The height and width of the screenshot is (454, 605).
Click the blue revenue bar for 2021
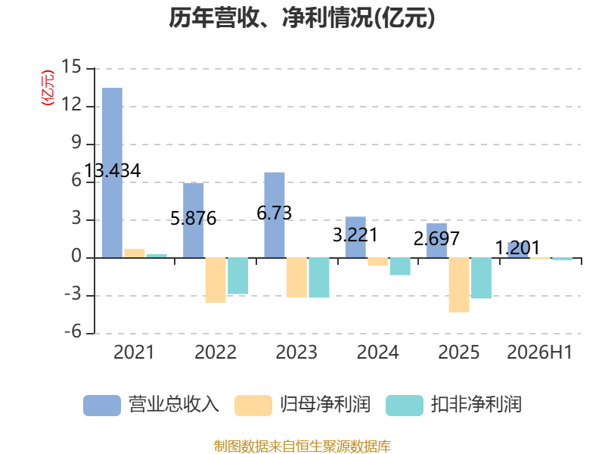click(112, 173)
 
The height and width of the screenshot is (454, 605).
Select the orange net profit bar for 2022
click(216, 280)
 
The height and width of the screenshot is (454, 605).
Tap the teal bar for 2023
click(319, 277)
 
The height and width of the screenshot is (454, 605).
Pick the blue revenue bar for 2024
click(355, 237)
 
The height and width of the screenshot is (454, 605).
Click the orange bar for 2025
click(459, 285)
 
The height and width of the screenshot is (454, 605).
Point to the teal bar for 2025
click(482, 278)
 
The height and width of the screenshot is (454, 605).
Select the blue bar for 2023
click(275, 215)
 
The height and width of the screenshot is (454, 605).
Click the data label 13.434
click(112, 171)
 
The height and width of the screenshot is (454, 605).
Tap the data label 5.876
click(194, 219)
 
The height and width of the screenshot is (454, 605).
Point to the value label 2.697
click(436, 238)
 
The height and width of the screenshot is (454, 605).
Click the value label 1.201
click(517, 248)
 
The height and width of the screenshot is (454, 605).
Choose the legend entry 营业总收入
click(151, 405)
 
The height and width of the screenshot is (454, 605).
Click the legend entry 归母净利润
click(302, 405)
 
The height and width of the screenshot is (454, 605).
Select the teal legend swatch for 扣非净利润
click(405, 406)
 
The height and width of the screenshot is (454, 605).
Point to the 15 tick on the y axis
click(71, 67)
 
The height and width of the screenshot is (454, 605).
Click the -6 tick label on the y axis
click(73, 332)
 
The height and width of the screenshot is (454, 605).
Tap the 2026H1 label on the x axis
click(539, 352)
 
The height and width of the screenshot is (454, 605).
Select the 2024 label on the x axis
click(377, 352)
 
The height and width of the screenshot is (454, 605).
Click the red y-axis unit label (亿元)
click(48, 88)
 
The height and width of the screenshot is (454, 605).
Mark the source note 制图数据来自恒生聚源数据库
click(302, 446)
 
